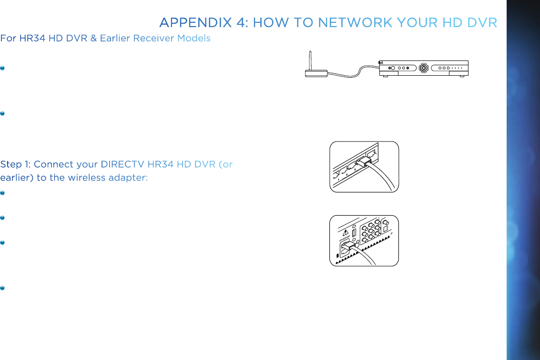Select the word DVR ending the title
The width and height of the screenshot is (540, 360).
point(481,22)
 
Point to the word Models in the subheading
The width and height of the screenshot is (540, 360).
point(194,38)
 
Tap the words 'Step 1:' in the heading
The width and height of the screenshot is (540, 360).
point(16,165)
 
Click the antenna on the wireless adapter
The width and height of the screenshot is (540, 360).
point(311,60)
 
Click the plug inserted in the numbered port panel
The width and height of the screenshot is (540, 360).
point(364,161)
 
